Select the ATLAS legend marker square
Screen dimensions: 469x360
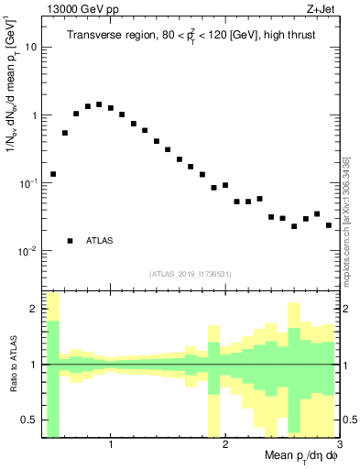click(70, 241)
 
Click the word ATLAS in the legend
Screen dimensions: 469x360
click(100, 241)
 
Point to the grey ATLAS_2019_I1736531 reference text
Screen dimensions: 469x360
click(191, 274)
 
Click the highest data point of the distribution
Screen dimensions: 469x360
click(99, 104)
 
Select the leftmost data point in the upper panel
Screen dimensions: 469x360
click(53, 174)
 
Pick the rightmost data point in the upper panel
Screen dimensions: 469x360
click(329, 225)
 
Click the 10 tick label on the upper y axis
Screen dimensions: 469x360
click(30, 47)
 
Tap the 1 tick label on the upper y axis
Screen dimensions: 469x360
click(33, 115)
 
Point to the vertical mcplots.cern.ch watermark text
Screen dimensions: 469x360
click(349, 220)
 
